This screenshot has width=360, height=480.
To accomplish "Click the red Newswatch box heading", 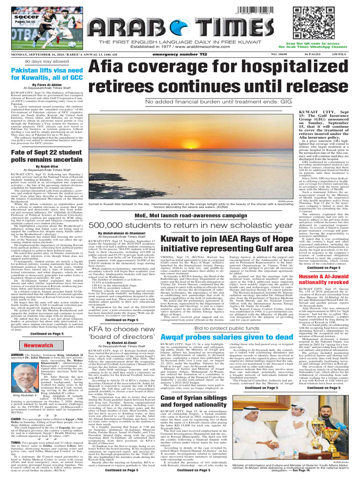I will pos(39,332).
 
